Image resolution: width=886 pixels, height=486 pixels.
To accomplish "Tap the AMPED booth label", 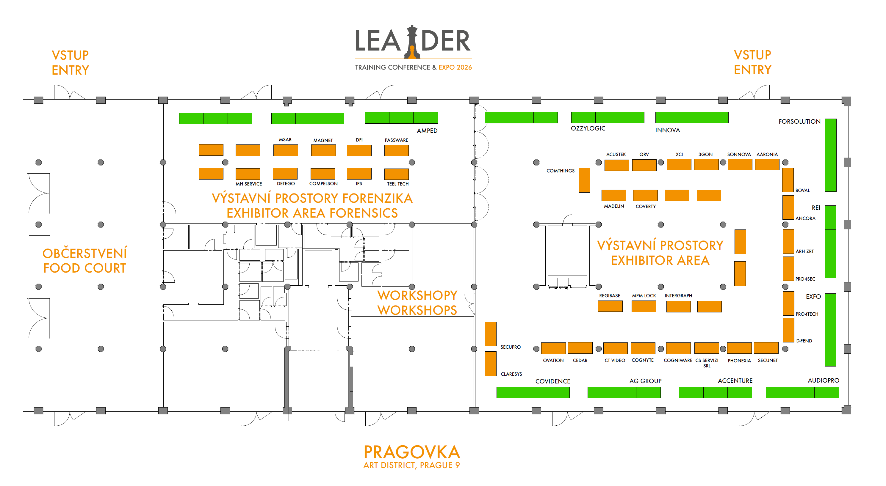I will coord(427,130).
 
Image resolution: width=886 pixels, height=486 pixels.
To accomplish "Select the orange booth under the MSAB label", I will coord(286,150).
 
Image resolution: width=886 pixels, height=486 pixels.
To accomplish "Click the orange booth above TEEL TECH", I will coord(396,174).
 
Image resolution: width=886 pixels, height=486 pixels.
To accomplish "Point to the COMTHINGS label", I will coord(560,171).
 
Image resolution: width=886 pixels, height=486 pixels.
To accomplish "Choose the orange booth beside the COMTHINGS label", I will coord(584,180).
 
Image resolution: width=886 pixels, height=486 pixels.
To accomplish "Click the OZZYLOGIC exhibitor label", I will coord(588,128).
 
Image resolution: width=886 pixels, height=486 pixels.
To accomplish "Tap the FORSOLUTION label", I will coord(799,121).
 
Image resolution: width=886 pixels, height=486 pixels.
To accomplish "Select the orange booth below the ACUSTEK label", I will coord(616,165).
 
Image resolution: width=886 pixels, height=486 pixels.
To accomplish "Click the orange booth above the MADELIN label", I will coord(613,195).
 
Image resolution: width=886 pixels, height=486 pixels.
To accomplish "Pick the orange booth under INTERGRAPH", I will coord(678,306).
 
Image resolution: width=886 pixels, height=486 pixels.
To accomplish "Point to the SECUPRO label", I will coord(511,347).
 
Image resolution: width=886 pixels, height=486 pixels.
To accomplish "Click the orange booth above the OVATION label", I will coord(553,348).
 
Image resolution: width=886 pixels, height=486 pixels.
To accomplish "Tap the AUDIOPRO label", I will coord(823,380).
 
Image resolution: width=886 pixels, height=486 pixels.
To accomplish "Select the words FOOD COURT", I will coord(84,268).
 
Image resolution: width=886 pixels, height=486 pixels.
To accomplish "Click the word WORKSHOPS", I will coord(417,310).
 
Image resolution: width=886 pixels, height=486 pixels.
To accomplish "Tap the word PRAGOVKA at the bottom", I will coord(412,452).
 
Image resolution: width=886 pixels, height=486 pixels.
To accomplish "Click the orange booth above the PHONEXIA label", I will coord(739,348).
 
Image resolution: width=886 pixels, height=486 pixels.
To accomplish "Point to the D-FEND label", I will coord(804,341).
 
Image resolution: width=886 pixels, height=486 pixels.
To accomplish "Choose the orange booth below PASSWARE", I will coord(396,150).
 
